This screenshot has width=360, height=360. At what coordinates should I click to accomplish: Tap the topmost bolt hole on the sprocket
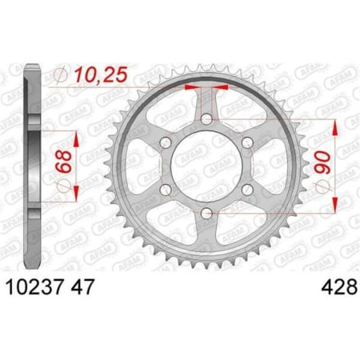pos(206,120)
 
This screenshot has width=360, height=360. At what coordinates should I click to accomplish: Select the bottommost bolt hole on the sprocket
pos(206,212)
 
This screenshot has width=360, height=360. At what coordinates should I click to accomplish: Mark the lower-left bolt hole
pos(166,189)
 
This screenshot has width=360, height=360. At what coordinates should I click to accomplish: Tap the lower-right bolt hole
pos(246,189)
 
